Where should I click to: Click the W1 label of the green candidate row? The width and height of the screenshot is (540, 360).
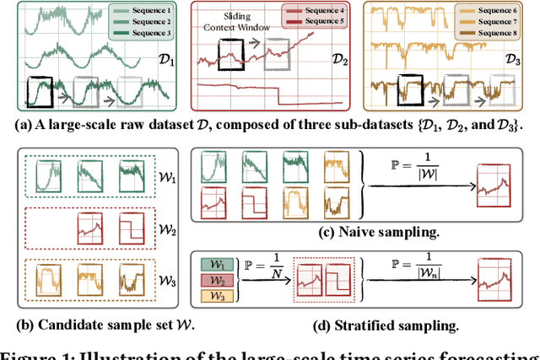[x=169, y=180]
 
